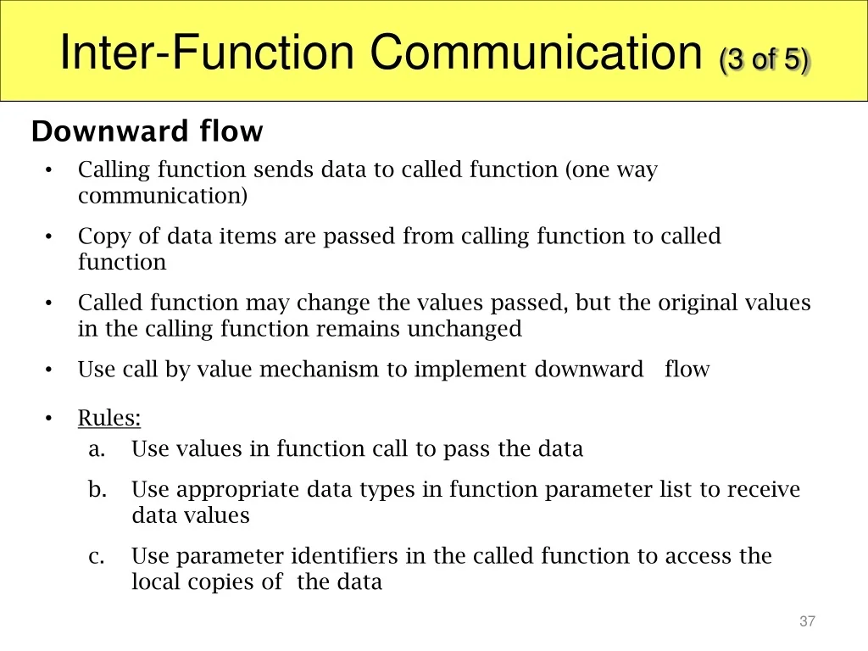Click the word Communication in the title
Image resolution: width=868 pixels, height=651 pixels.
(x=536, y=52)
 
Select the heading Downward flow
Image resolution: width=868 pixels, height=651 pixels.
(x=147, y=131)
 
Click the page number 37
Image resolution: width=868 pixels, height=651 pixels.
(x=807, y=621)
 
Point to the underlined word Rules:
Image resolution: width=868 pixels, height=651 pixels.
(x=109, y=417)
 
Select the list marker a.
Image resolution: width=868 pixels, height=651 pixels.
(x=97, y=449)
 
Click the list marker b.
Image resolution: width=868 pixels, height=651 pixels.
(x=97, y=489)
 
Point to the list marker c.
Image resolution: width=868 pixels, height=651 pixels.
(x=97, y=557)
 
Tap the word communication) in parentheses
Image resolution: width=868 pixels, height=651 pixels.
(x=163, y=196)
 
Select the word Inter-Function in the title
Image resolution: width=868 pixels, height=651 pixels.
(x=207, y=52)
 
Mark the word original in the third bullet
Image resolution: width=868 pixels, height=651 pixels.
(x=698, y=303)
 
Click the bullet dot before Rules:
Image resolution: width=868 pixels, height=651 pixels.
(x=48, y=419)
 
